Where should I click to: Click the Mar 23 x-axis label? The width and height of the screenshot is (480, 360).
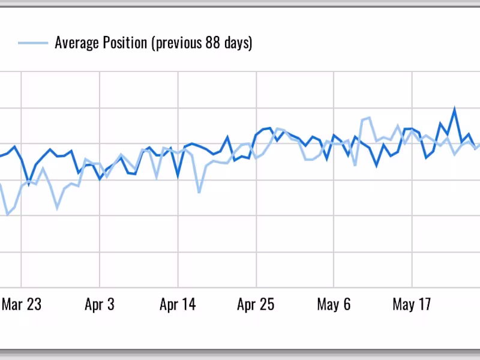click(22, 305)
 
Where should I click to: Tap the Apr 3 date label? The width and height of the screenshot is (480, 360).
click(100, 305)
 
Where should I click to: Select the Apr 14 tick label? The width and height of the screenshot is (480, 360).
click(178, 305)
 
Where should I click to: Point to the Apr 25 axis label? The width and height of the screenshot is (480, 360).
click(256, 305)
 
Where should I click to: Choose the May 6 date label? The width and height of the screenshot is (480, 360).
click(334, 305)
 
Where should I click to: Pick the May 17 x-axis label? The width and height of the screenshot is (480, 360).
click(412, 305)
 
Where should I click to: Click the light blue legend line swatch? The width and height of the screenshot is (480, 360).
click(33, 43)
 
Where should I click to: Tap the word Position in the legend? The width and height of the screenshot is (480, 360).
click(126, 43)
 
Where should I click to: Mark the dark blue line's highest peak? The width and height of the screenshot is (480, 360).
click(455, 109)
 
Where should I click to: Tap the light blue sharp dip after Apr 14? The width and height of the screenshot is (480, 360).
click(199, 192)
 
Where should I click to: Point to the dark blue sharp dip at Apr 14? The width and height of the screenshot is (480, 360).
click(178, 176)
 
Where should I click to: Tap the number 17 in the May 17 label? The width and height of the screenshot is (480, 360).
click(424, 305)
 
